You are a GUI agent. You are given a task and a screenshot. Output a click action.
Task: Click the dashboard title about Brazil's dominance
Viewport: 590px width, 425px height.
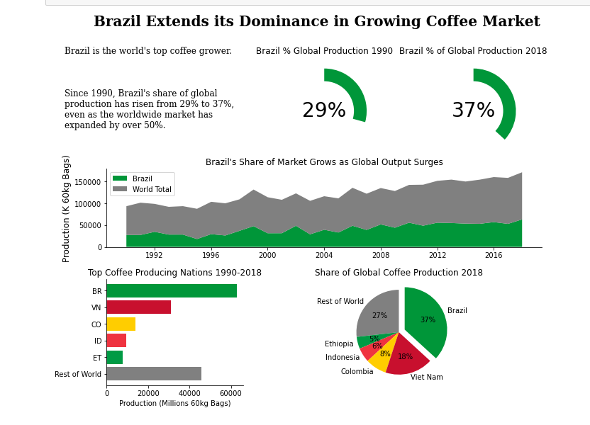(x=316, y=22)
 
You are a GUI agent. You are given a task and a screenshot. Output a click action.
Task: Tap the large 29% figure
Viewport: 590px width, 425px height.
(x=323, y=111)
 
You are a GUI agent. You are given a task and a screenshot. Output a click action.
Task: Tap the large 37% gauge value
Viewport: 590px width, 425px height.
(x=473, y=111)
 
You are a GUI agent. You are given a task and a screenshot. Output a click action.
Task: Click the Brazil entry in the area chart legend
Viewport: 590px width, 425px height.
(x=142, y=178)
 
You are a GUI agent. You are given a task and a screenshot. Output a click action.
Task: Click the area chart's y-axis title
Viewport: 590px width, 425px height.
(x=67, y=208)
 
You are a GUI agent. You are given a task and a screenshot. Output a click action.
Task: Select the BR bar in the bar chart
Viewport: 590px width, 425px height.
(x=172, y=291)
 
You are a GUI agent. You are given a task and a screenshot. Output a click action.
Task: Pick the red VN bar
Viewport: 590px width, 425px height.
(x=138, y=307)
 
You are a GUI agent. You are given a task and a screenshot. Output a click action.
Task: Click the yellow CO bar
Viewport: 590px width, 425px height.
(x=121, y=324)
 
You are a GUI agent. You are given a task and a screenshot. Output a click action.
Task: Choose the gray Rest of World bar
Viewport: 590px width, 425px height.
(x=154, y=374)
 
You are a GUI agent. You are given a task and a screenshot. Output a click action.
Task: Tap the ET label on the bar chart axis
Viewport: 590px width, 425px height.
(x=97, y=358)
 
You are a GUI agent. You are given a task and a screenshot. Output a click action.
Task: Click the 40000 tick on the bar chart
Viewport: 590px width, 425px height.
(x=189, y=393)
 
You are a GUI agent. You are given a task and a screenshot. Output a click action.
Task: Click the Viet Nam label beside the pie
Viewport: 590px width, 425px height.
(x=426, y=378)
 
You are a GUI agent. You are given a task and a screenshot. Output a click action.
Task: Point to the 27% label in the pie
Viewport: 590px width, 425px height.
(x=379, y=316)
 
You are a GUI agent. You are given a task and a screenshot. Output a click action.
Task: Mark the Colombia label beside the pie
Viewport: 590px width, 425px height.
(x=357, y=372)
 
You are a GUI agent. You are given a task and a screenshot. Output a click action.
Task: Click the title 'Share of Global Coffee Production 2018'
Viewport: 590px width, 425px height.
(x=399, y=273)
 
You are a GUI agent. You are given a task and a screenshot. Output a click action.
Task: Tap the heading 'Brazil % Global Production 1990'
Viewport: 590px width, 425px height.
(x=324, y=51)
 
